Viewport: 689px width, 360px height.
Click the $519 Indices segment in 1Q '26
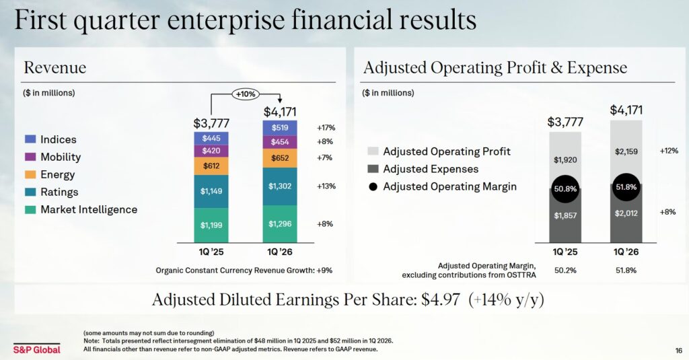280,127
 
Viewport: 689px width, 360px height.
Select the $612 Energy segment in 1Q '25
211,166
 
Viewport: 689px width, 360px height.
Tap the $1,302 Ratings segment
280,186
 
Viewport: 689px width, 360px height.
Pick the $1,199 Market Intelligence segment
211,224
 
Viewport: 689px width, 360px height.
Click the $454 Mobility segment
280,142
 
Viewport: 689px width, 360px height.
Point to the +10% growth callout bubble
246,95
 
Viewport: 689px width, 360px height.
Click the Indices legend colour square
30,139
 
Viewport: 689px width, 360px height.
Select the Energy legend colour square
30,174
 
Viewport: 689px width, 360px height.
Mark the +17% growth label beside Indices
326,127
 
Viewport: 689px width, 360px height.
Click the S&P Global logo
36,349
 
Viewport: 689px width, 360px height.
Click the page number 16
678,350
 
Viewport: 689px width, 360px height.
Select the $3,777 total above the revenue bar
211,123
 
